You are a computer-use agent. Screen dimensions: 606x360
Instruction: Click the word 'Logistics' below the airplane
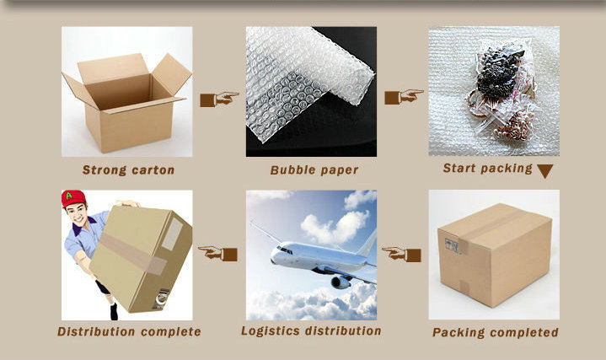pyautogui.click(x=271, y=331)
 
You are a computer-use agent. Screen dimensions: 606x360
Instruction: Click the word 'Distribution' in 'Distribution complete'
pyautogui.click(x=96, y=331)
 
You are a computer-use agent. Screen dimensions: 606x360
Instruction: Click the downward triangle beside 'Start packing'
pyautogui.click(x=545, y=170)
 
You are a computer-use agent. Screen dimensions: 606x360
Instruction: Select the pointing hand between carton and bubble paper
pyautogui.click(x=219, y=99)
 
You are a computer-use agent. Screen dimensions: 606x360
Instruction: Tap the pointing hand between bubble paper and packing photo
pyautogui.click(x=404, y=97)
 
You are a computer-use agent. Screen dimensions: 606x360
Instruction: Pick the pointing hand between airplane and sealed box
pyautogui.click(x=401, y=255)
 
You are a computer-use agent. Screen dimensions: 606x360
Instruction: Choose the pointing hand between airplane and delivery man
pyautogui.click(x=217, y=254)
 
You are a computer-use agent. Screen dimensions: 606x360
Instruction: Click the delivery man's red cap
pyautogui.click(x=73, y=198)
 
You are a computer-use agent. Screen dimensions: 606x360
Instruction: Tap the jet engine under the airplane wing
pyautogui.click(x=341, y=282)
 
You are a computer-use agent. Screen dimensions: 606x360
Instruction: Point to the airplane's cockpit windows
pyautogui.click(x=284, y=250)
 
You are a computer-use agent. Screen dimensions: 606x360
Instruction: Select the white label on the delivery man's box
pyautogui.click(x=172, y=234)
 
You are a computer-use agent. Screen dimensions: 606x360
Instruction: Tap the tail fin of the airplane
pyautogui.click(x=368, y=243)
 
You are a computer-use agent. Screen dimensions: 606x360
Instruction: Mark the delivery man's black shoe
pyautogui.click(x=114, y=312)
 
